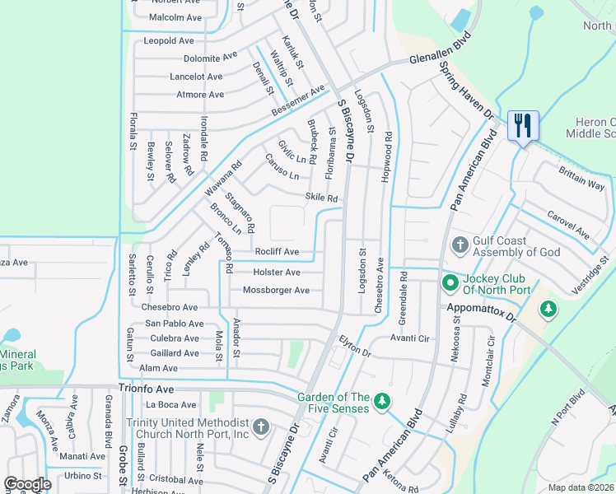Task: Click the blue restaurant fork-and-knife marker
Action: click(x=523, y=126)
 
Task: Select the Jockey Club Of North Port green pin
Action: click(x=450, y=284)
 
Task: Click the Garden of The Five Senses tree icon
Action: click(x=380, y=401)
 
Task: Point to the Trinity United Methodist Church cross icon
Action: click(x=261, y=426)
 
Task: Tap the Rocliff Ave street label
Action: click(x=276, y=252)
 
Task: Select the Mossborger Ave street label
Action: click(x=276, y=290)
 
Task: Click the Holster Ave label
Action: click(x=276, y=272)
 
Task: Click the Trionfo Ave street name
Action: click(x=147, y=388)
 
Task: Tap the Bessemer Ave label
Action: click(x=297, y=100)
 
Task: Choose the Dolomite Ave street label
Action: click(x=210, y=58)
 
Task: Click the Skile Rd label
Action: click(x=321, y=198)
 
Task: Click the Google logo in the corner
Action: click(x=28, y=484)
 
